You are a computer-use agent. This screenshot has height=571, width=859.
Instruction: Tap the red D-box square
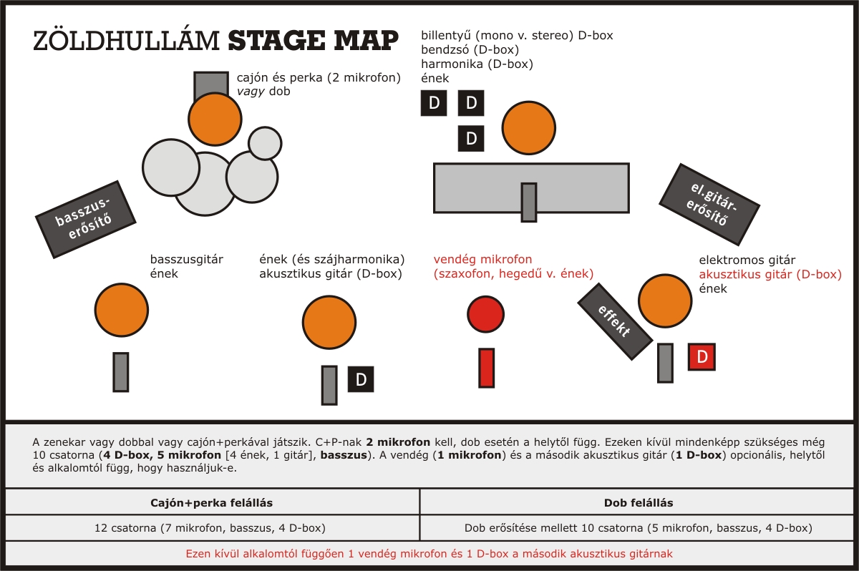(702, 356)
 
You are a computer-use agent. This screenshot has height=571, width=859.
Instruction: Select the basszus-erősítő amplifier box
(87, 219)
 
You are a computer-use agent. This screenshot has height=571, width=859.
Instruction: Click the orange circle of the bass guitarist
(122, 309)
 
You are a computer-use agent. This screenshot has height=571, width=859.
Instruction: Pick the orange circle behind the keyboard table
(530, 127)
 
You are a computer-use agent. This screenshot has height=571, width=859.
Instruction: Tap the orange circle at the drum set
(215, 119)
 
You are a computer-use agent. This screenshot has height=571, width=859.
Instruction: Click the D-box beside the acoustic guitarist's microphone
(361, 379)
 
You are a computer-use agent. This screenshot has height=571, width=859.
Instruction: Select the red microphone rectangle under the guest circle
(487, 369)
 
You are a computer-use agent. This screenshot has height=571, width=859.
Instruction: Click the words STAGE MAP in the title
(313, 42)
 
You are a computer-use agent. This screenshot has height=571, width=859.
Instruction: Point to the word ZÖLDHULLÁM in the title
(127, 42)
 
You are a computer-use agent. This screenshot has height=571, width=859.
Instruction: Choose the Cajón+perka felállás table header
(213, 503)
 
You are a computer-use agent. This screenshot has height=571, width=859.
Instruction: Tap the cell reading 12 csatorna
(213, 528)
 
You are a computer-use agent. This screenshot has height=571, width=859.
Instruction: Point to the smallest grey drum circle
(265, 143)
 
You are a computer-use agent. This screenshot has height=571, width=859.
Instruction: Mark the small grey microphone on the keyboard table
(529, 202)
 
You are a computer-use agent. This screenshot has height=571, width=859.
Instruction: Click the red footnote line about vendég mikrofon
(429, 553)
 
